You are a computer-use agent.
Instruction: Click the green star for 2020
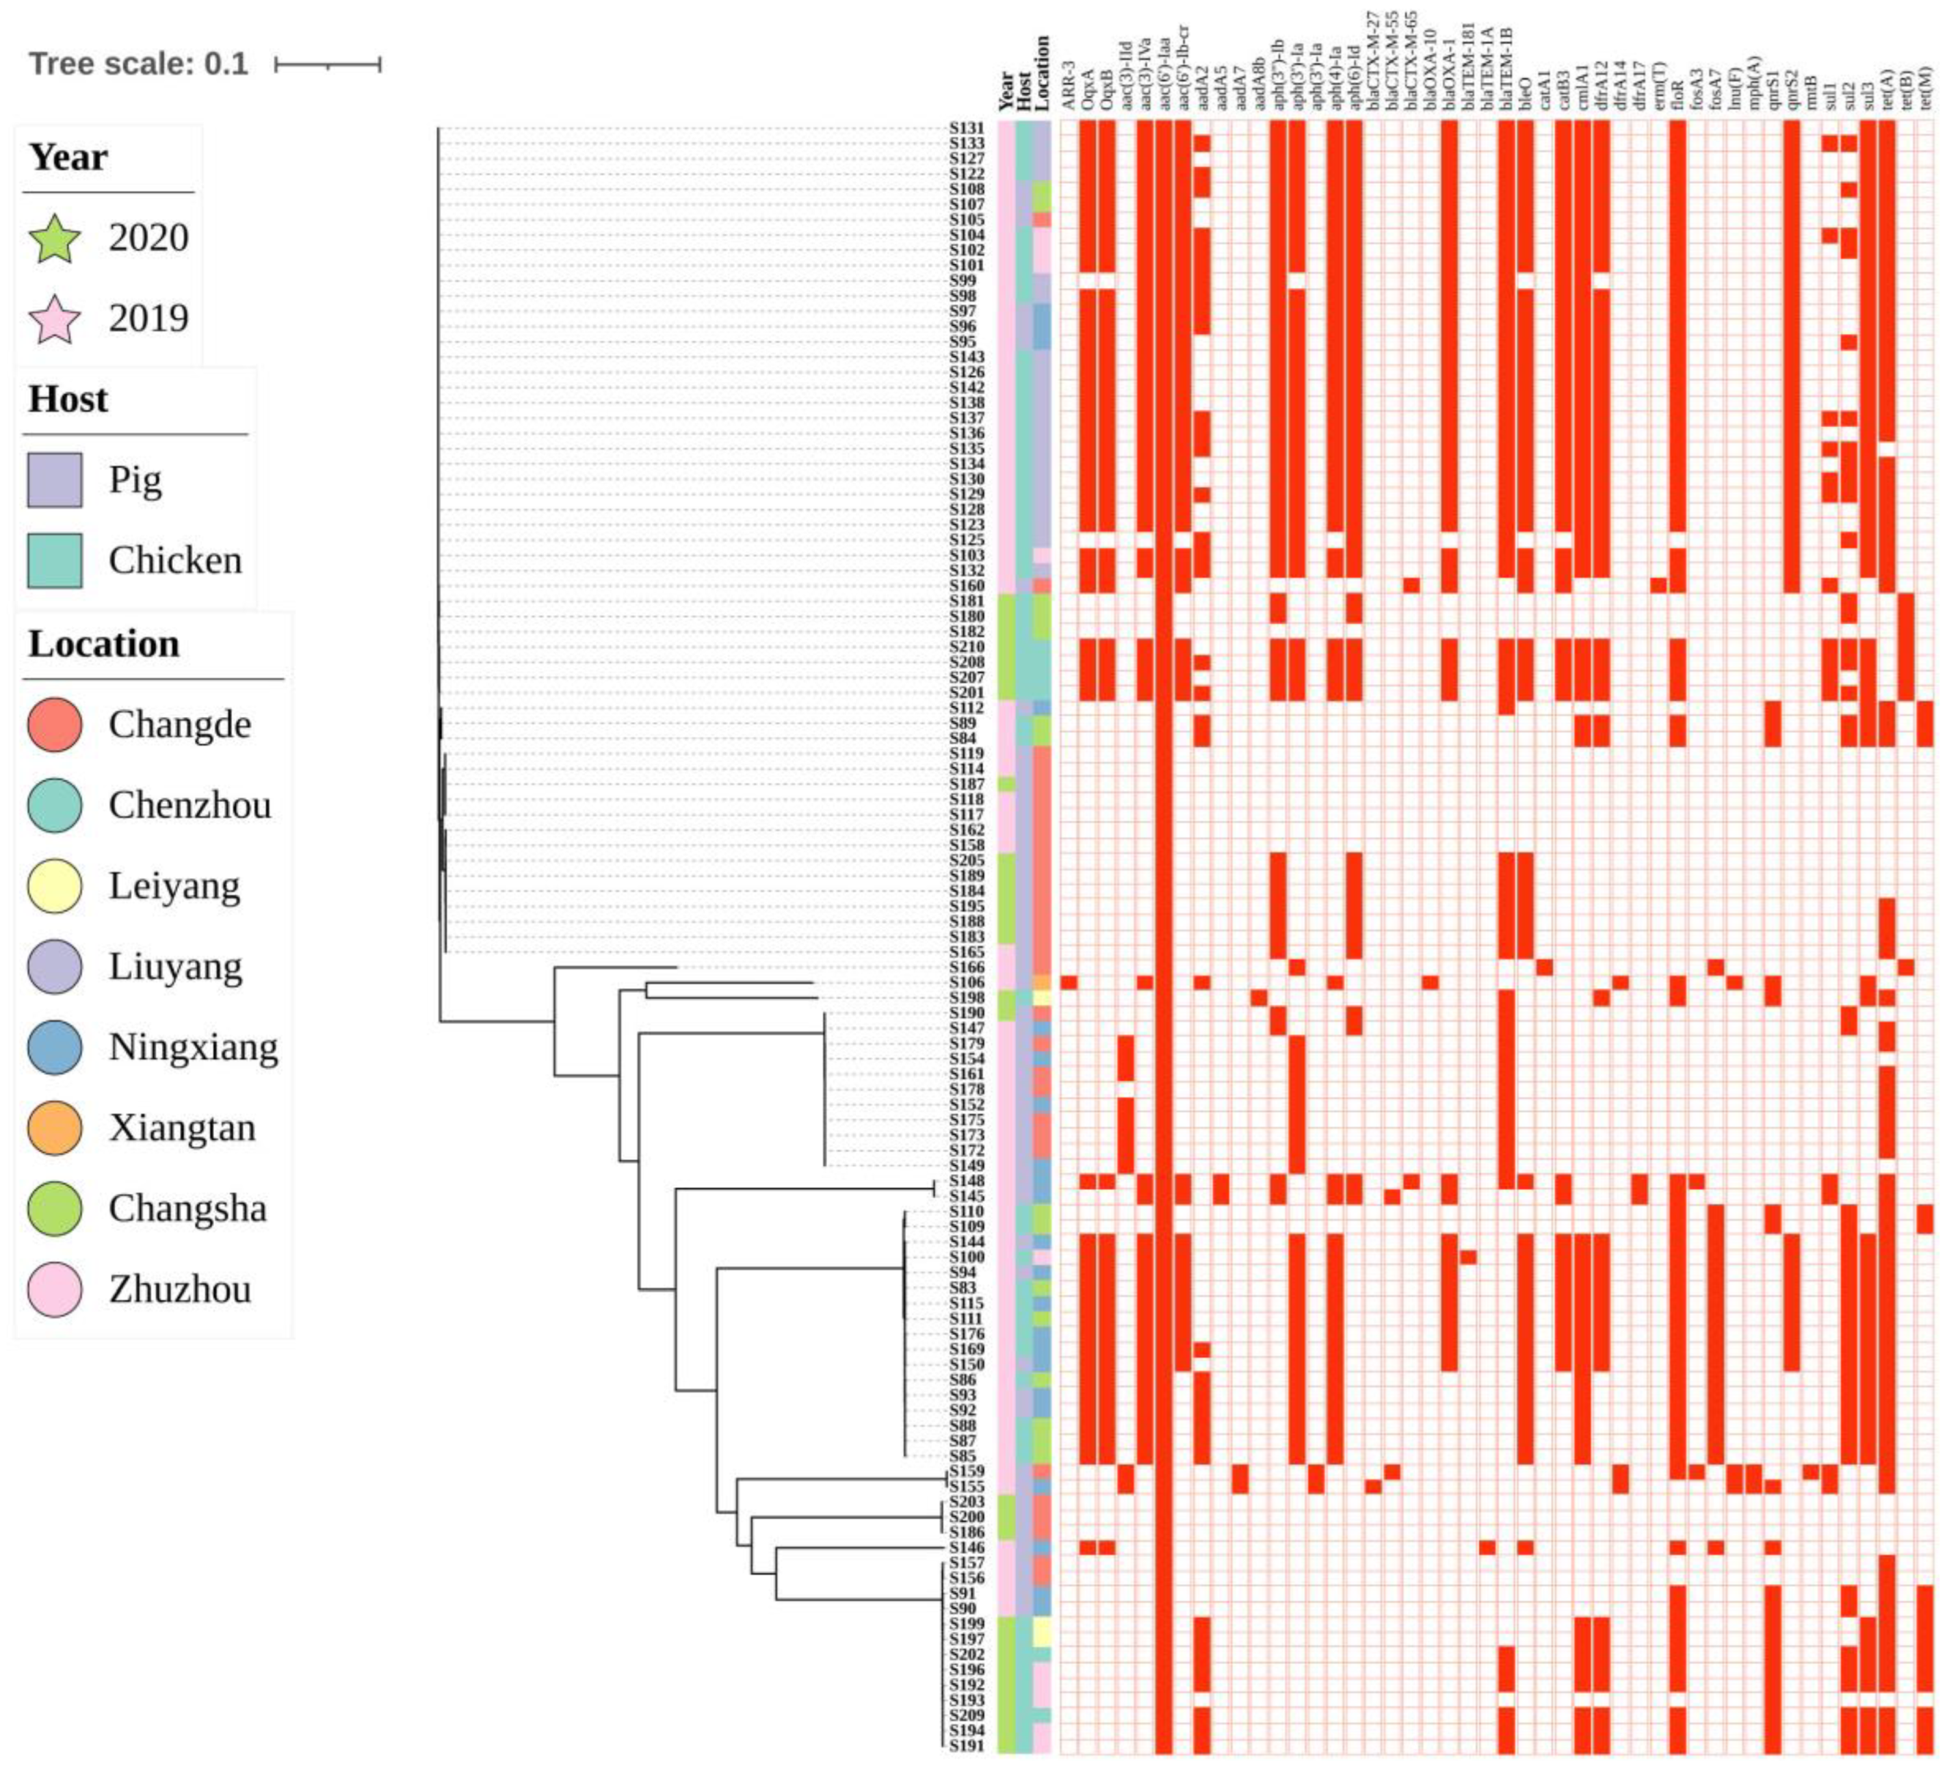[55, 237]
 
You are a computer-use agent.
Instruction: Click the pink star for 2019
[55, 319]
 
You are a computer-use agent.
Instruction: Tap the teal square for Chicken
[55, 560]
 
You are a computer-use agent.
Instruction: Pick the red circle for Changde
[55, 725]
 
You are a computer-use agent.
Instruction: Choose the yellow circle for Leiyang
[55, 886]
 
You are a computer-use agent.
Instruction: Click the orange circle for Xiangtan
[55, 1128]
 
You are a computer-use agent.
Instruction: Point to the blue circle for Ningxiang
[55, 1048]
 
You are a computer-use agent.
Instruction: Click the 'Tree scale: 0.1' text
[138, 64]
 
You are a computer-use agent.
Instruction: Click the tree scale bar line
[328, 65]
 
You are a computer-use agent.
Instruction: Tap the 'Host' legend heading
[68, 399]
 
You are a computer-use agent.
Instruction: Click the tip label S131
[966, 127]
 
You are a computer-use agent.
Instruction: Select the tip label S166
[966, 967]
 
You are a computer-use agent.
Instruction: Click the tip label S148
[966, 1180]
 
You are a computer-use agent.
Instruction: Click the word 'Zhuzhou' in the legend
[180, 1289]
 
